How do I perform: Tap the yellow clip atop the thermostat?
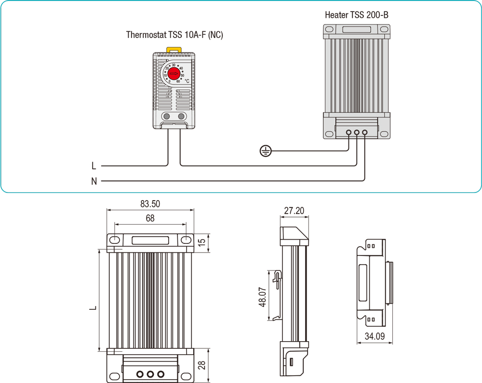(x=174, y=49)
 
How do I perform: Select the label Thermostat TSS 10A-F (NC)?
(x=174, y=35)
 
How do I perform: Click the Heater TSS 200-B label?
(x=357, y=15)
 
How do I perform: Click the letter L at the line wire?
(x=94, y=166)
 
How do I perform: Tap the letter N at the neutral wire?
(x=94, y=181)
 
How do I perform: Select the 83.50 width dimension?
(x=150, y=204)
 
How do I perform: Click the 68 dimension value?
(x=150, y=218)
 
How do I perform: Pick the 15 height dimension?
(x=202, y=241)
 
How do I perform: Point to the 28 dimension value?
(x=202, y=366)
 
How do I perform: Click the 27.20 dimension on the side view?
(x=294, y=211)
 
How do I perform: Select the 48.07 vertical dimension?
(x=262, y=297)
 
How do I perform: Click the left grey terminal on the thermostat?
(x=166, y=116)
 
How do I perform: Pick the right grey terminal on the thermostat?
(x=181, y=116)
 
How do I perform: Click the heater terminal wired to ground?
(x=349, y=132)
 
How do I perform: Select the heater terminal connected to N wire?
(x=364, y=132)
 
